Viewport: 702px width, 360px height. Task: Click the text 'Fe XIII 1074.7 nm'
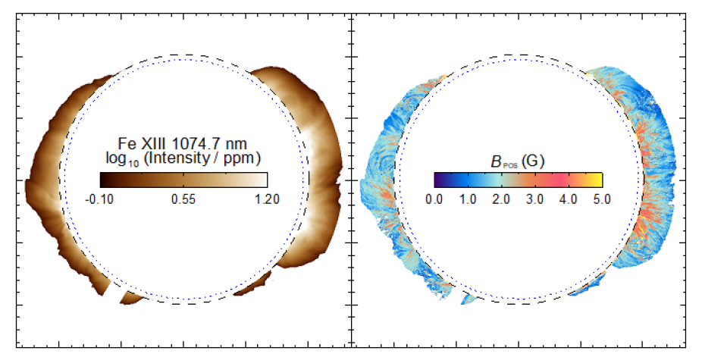coord(183,143)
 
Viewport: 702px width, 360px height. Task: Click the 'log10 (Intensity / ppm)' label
coord(183,158)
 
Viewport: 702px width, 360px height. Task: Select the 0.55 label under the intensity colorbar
coord(183,199)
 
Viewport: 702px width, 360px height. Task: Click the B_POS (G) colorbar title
coord(519,161)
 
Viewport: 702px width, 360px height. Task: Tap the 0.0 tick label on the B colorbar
coord(434,199)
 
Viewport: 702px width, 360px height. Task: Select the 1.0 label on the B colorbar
coord(468,199)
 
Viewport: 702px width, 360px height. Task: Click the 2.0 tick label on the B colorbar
coord(502,199)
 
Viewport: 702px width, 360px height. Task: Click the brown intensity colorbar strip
coord(183,180)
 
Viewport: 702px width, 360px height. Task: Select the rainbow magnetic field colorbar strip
coord(519,180)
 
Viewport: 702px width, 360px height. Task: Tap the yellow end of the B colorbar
coord(598,180)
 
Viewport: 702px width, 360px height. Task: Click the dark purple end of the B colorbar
coord(438,180)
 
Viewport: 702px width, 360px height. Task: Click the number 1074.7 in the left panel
coord(205,143)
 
